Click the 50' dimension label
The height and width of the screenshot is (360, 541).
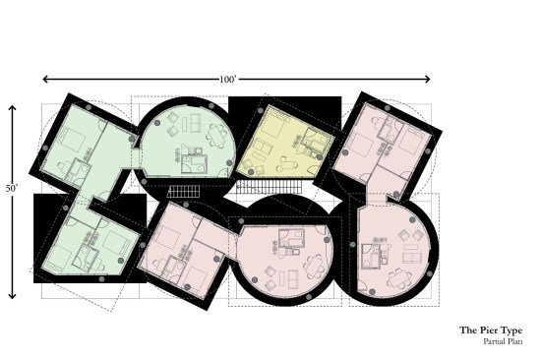[x=12, y=201]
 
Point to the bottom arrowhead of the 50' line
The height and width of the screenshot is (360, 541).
[x=12, y=296]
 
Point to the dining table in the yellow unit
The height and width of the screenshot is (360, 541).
[x=264, y=155]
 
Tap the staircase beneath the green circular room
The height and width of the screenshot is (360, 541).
[x=183, y=189]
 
